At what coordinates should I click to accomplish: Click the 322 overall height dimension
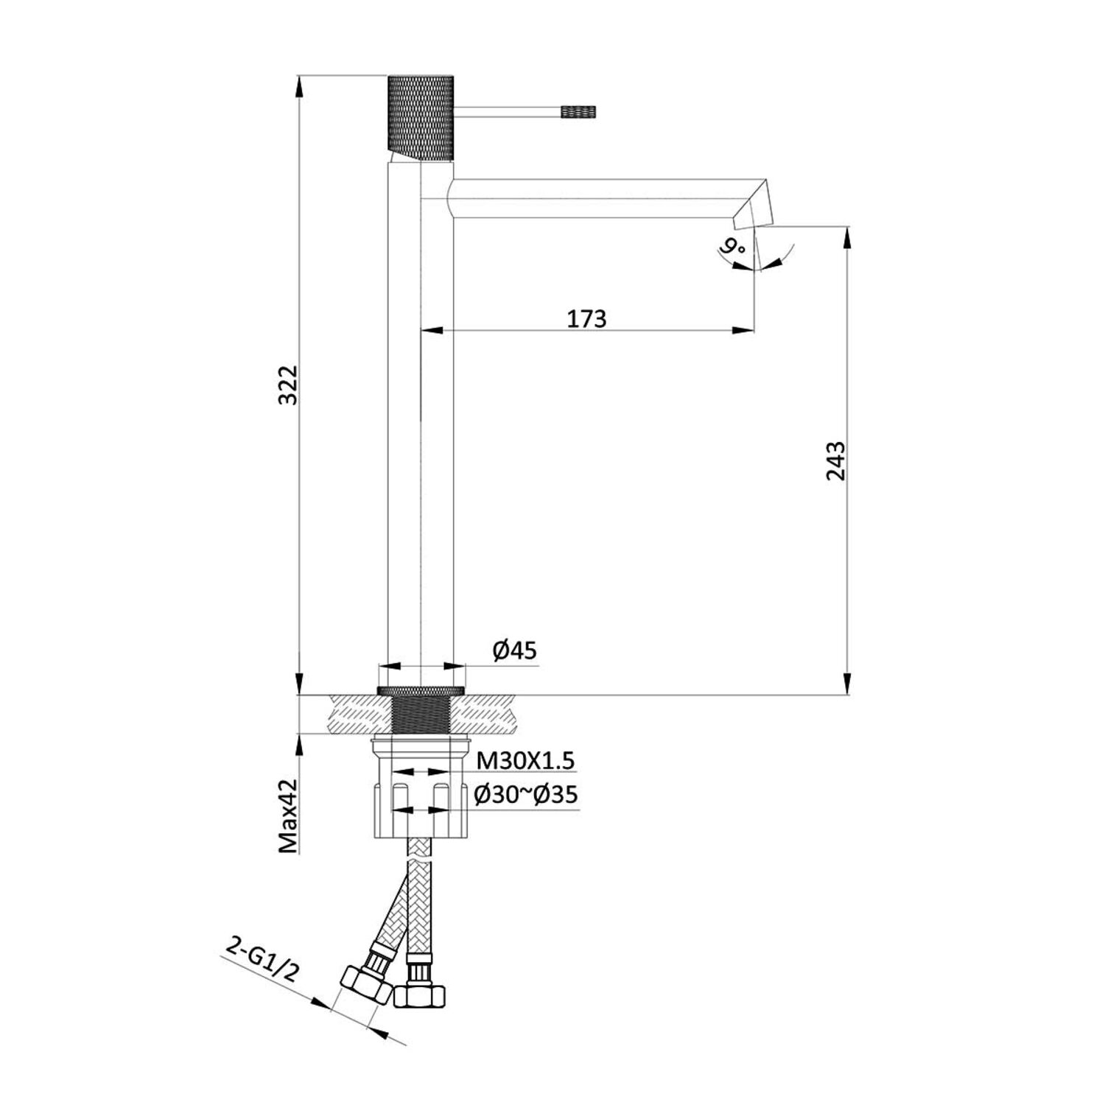pyautogui.click(x=290, y=384)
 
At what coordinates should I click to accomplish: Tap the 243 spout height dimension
pyautogui.click(x=835, y=460)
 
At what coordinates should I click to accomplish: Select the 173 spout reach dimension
pyautogui.click(x=586, y=319)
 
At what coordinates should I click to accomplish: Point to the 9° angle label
pyautogui.click(x=734, y=247)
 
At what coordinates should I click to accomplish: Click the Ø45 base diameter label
pyautogui.click(x=515, y=650)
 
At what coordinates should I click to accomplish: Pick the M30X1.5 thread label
pyautogui.click(x=525, y=760)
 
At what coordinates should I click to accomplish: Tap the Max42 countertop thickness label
pyautogui.click(x=290, y=816)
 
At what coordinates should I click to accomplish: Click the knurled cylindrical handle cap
pyautogui.click(x=420, y=116)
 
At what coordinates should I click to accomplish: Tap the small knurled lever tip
pyautogui.click(x=578, y=112)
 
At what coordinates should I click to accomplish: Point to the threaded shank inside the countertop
pyautogui.click(x=421, y=715)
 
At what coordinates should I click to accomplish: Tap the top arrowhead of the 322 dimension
pyautogui.click(x=300, y=84)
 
